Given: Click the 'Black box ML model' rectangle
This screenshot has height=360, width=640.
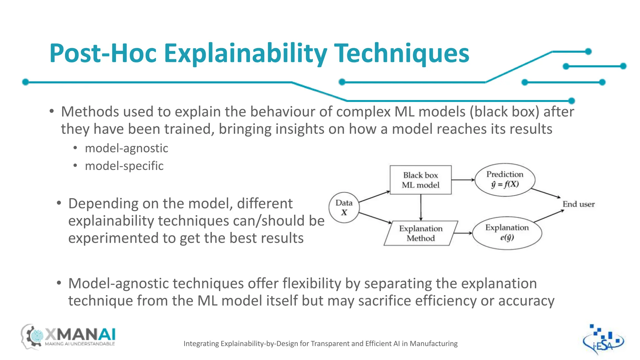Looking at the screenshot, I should point(420,180).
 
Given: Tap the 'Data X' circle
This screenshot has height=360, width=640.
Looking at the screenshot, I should point(344,207).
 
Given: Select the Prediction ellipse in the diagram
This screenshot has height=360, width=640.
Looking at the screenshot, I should point(505,180).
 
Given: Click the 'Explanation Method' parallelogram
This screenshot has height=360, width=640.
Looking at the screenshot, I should point(421,233).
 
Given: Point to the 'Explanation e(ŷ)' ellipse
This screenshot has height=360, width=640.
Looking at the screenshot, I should point(507,233).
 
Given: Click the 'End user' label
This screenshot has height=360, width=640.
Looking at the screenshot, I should point(578,204).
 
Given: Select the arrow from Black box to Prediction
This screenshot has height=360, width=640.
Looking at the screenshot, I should point(463,180).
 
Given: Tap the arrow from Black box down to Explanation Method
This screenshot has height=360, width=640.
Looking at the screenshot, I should point(421,207).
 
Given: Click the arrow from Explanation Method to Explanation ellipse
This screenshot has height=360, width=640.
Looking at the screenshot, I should point(463,233).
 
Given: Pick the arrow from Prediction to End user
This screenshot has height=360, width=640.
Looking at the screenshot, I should point(546,193).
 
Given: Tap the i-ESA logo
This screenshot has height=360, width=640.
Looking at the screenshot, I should point(603,340).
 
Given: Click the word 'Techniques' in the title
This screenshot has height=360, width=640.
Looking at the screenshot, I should point(402,53).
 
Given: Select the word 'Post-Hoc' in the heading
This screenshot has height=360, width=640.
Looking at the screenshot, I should point(103,53).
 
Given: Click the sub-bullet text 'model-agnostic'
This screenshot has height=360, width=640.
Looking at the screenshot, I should point(126,148).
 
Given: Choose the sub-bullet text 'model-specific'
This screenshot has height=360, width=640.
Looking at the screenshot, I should point(124,166).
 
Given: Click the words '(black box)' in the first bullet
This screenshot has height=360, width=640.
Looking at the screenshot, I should point(504,112).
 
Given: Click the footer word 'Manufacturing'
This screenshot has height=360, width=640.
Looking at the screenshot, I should point(433,344).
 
